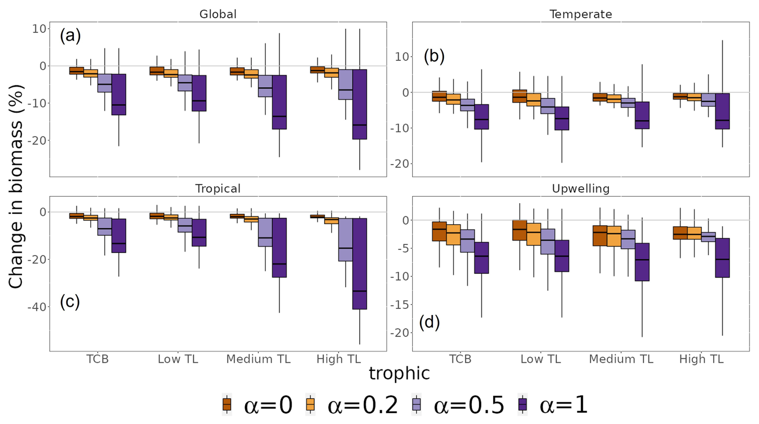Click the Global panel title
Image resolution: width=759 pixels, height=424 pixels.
pos(218,14)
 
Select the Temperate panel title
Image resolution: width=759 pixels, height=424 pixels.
pos(580,14)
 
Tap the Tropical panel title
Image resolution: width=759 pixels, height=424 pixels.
pos(218,189)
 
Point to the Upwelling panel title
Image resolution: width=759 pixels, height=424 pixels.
pos(580,189)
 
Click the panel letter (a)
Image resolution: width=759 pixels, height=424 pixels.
pos(70,36)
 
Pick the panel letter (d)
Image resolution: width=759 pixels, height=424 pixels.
pos(429,322)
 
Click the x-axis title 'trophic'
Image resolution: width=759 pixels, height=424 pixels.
pos(399,374)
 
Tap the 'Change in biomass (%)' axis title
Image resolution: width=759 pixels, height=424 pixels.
pos(16,186)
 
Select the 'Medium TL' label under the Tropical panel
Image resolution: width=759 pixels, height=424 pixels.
pos(258,359)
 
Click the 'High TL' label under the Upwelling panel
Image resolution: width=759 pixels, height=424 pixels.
pos(701,359)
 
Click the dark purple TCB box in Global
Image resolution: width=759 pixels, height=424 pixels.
pos(119,95)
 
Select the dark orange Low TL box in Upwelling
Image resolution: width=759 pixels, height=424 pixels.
pos(520,230)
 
